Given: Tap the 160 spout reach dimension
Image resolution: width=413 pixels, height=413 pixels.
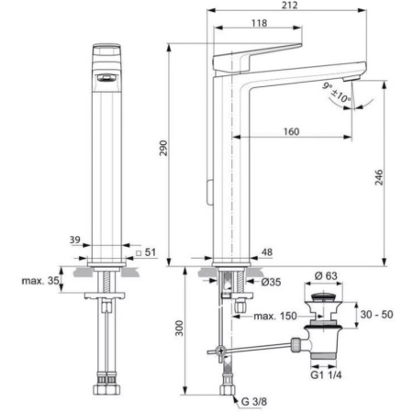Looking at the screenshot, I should pos(293,131).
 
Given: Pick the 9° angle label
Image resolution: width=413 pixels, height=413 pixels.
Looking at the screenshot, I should pos(329,84).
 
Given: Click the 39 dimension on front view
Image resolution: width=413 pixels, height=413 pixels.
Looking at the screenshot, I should pos(74,240).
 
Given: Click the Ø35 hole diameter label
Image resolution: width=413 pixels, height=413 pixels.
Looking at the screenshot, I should pos(272,282).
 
